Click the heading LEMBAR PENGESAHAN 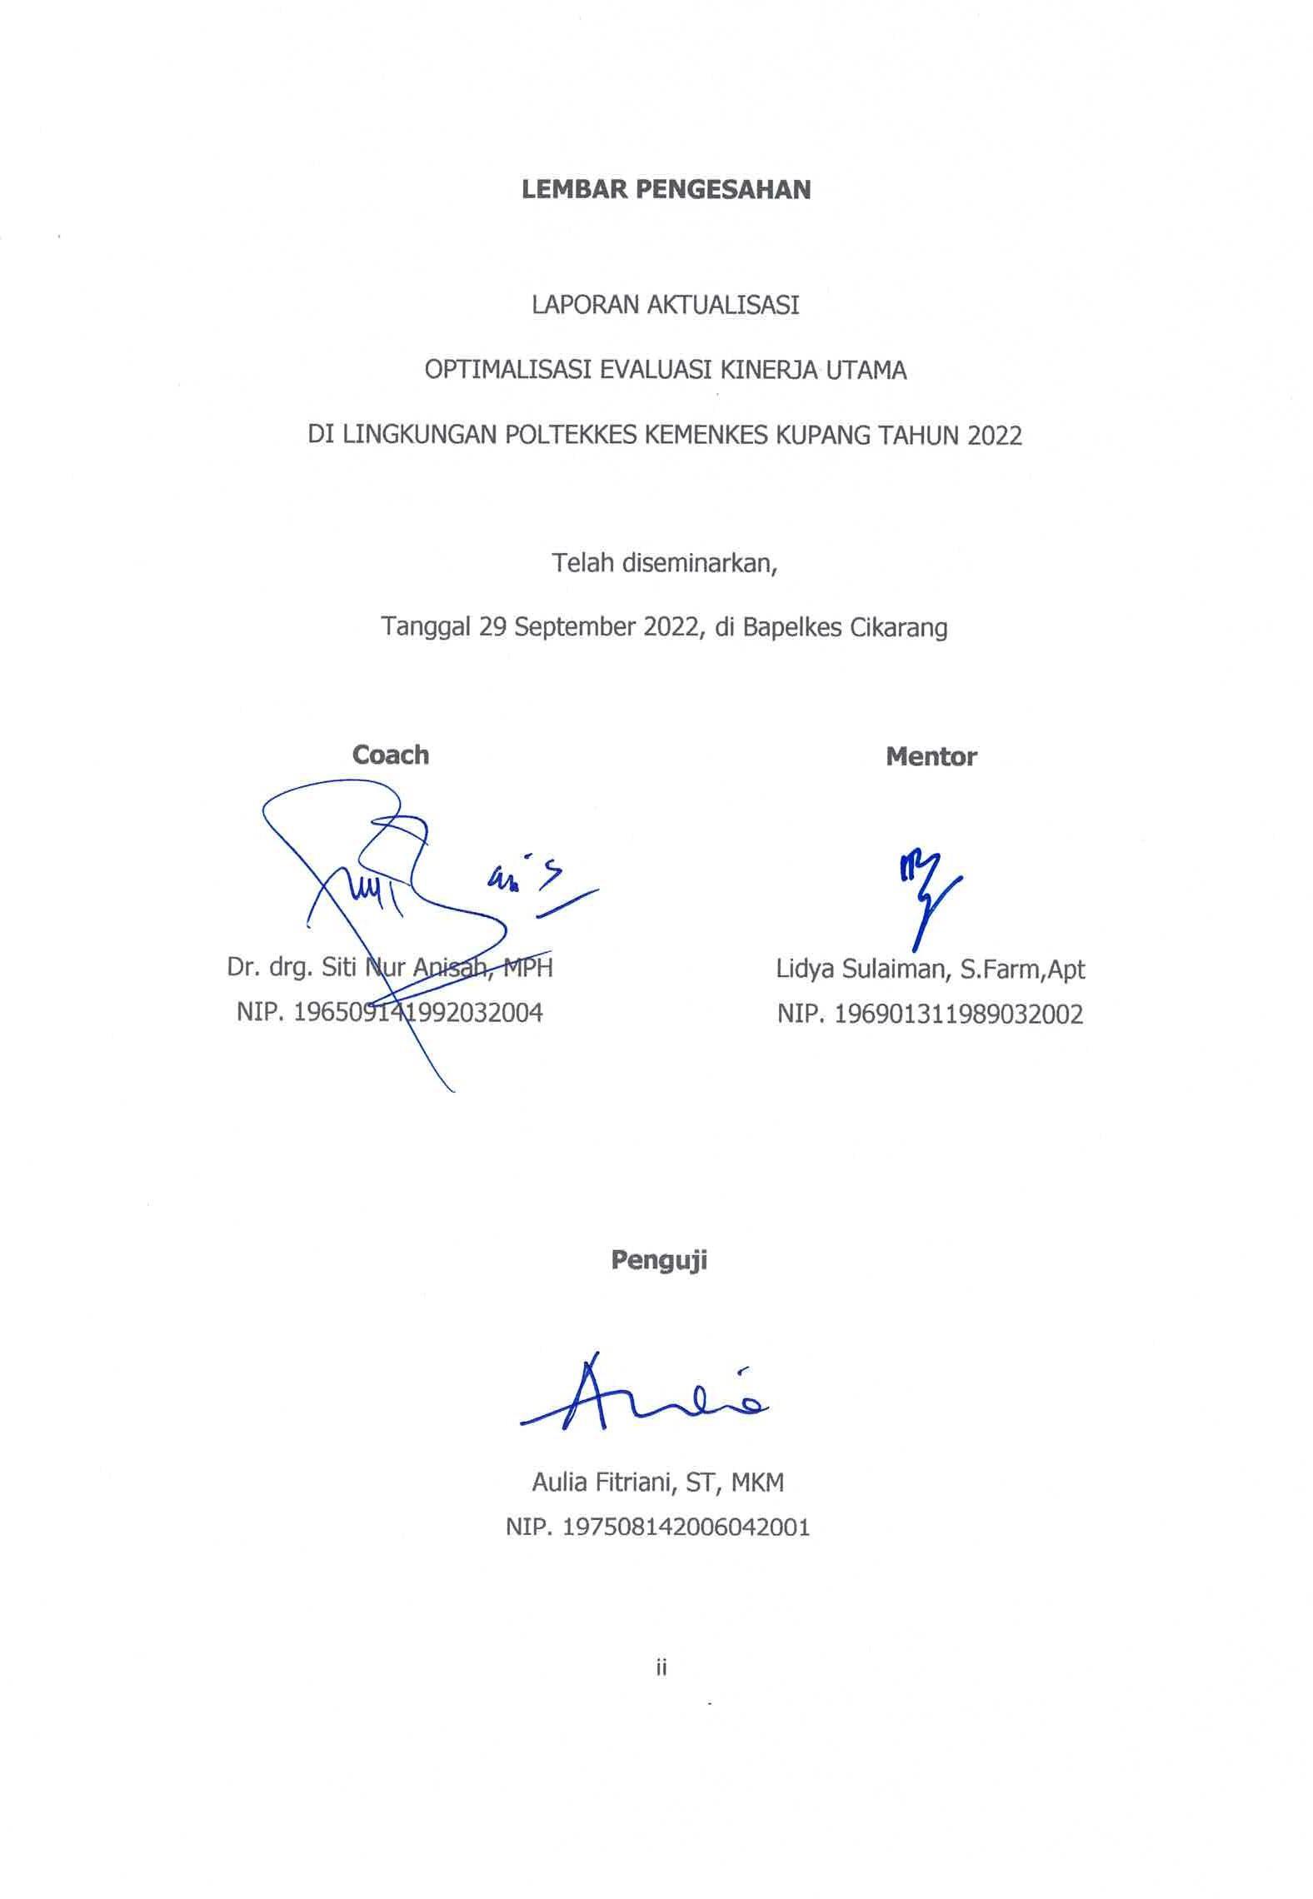(666, 190)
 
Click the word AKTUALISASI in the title (722, 306)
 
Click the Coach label (390, 755)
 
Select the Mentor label (931, 756)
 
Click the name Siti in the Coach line (349, 968)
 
